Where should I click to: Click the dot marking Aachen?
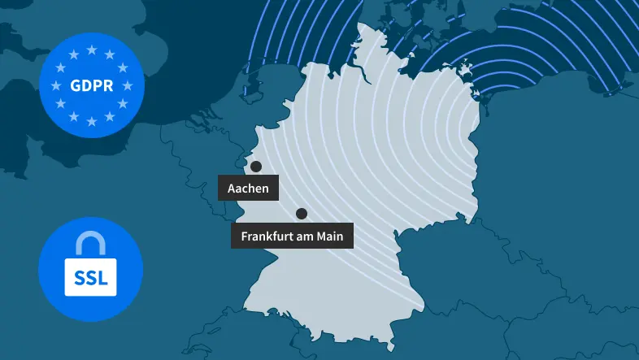[256, 167]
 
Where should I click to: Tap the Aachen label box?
[249, 189]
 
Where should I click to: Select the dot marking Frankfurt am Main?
[302, 214]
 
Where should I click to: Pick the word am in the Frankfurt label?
[306, 236]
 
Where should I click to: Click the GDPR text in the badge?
[90, 85]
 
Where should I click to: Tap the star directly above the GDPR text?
[90, 50]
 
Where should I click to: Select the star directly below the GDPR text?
[90, 120]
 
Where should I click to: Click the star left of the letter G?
[56, 85]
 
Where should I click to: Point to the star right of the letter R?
[125, 85]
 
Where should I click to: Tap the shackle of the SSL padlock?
[90, 242]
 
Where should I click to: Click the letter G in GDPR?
[75, 85]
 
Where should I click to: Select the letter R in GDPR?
[106, 85]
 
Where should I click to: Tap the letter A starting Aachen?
[232, 189]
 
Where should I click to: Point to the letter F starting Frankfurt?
[245, 236]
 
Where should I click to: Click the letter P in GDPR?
[96, 85]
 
